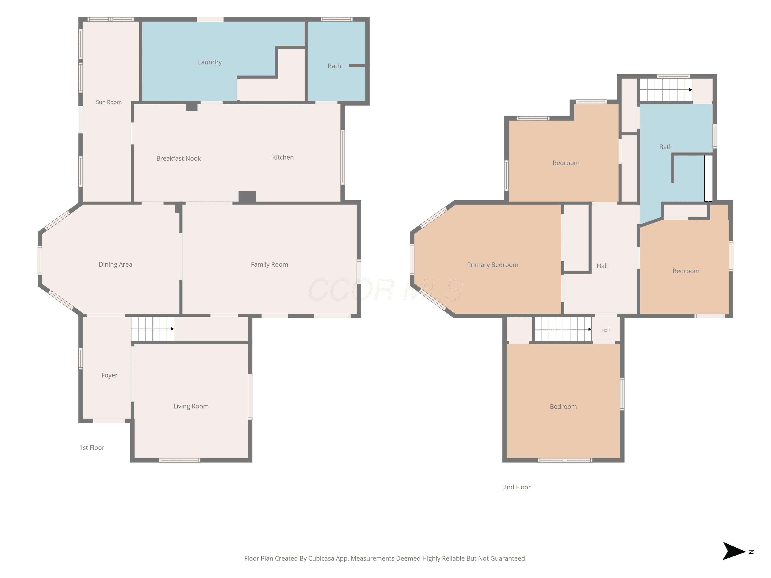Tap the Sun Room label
pos(109,102)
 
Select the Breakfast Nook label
pos(178,159)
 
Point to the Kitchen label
pos(283,157)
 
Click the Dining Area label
pos(115,264)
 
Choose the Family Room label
pos(269,264)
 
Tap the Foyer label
pos(109,375)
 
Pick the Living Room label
pos(191,406)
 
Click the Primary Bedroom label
pos(492,265)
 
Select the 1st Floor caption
pos(92,448)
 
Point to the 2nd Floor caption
pos(517,487)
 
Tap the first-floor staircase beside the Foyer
pos(152,329)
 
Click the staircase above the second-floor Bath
pos(666,90)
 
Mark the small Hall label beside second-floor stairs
pos(605,330)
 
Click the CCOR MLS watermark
pos(385,290)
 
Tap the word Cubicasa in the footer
pos(321,558)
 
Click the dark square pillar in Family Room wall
pos(247,197)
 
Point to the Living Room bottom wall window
pos(179,460)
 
